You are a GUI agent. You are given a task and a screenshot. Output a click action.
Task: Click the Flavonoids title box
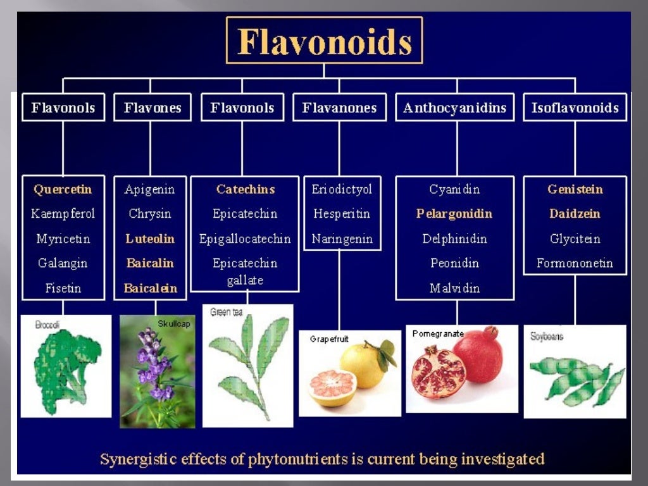pos(324,41)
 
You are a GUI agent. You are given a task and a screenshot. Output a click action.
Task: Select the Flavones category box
pos(153,108)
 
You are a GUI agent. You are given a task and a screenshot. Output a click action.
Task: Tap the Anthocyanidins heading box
pos(454,108)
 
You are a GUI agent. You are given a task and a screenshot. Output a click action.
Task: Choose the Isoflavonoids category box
pos(575,108)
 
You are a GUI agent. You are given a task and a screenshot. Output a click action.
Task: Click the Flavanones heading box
pos(339,108)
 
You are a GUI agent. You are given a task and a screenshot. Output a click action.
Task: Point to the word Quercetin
pos(63,189)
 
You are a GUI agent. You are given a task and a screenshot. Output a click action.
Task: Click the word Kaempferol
pos(63,214)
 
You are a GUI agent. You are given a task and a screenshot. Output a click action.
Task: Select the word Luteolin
pos(150,239)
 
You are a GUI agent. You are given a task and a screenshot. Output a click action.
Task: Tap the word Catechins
pos(245,189)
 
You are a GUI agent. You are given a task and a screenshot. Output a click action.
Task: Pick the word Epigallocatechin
pos(245,239)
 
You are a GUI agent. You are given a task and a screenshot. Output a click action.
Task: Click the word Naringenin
pos(342,239)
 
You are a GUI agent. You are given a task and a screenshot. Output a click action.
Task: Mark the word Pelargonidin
pos(454,214)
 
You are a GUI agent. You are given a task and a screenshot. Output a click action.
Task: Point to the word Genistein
pos(575,189)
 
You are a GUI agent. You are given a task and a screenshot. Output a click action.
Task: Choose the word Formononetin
pos(575,263)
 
